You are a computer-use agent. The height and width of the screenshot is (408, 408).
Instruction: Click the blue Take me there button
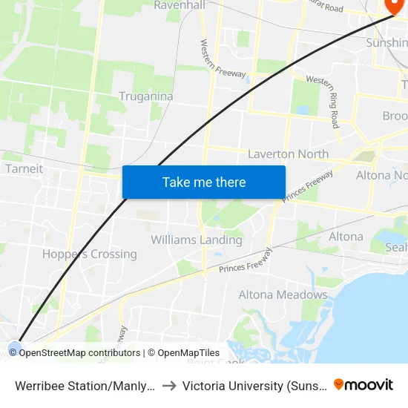tap(204, 182)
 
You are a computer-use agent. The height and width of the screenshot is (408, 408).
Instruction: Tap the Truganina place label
tap(146, 96)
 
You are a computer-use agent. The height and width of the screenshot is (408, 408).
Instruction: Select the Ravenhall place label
tap(179, 5)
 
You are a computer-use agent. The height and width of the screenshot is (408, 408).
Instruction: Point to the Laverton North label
tap(288, 154)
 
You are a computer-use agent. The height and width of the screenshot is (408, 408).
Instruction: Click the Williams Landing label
tap(197, 240)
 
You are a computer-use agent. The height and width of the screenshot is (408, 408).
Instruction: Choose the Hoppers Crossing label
tap(90, 254)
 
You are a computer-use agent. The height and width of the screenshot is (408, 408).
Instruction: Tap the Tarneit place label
tap(24, 168)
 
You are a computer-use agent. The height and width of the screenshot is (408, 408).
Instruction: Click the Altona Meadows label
tap(283, 295)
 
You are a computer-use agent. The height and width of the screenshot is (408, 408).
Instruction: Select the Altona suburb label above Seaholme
tap(346, 237)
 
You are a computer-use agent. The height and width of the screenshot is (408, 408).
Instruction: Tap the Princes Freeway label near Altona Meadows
tap(246, 261)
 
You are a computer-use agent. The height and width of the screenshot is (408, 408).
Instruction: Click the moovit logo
tap(363, 384)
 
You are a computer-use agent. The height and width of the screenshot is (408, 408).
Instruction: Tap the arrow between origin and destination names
tap(168, 385)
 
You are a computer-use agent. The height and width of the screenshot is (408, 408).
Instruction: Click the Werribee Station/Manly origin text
tap(84, 385)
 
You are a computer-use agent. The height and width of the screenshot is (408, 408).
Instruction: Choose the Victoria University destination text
tap(251, 385)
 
